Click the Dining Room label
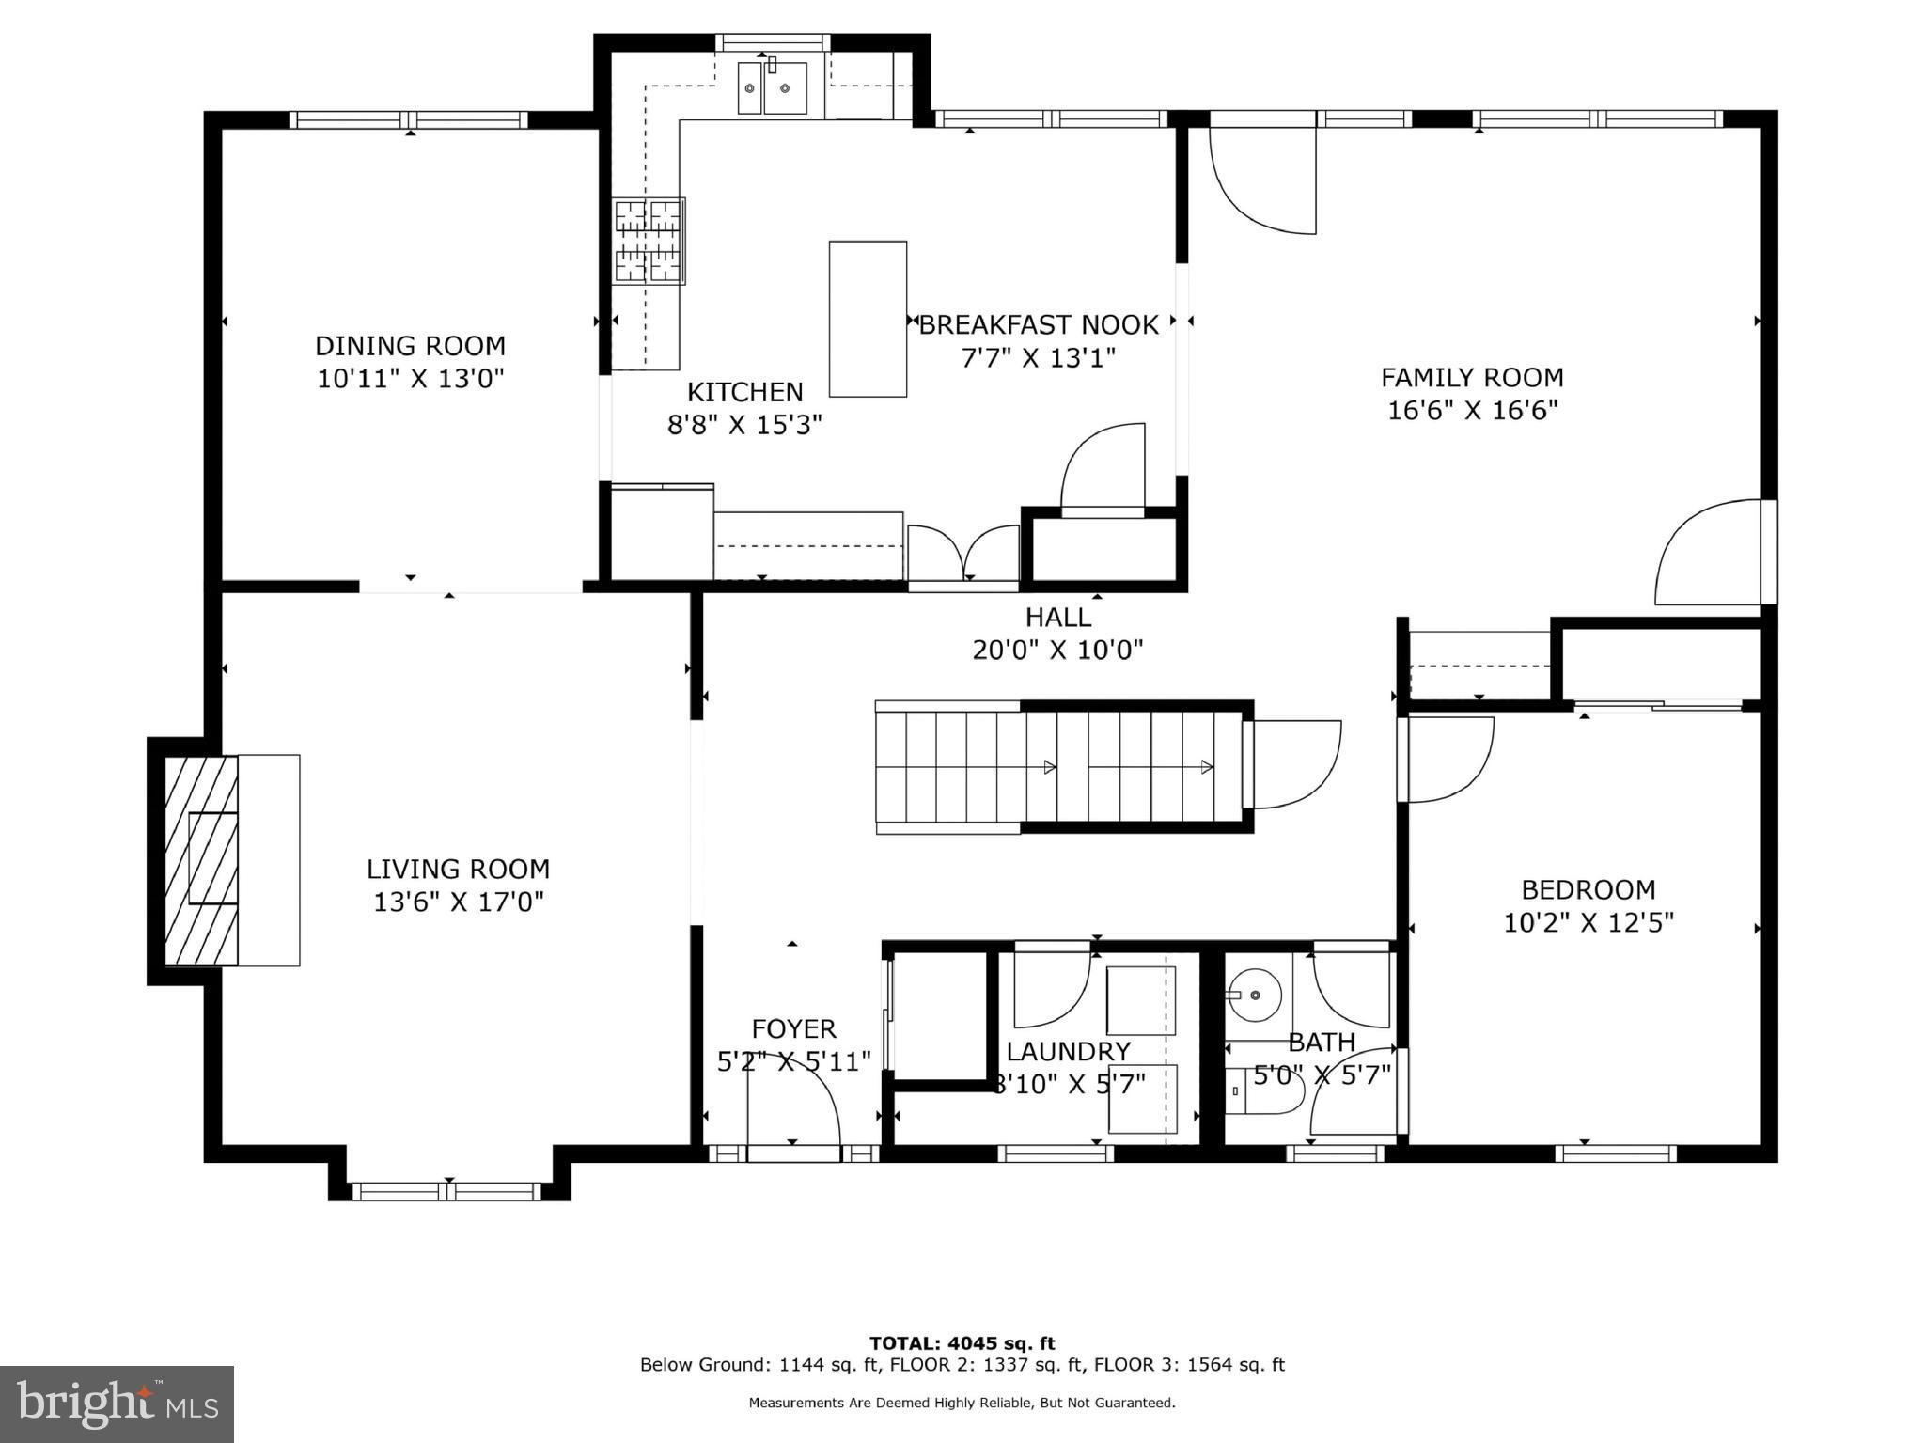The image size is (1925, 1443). [x=410, y=346]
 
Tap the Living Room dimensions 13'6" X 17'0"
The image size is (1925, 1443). [x=459, y=902]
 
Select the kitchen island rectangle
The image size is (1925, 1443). [x=868, y=319]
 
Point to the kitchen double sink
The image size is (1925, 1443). [x=772, y=88]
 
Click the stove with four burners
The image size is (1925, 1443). [x=649, y=241]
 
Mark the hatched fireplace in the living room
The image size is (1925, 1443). [x=200, y=859]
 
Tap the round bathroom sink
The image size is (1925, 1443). [x=1255, y=995]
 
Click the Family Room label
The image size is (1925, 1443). [x=1472, y=378]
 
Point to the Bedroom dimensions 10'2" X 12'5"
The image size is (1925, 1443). [x=1589, y=923]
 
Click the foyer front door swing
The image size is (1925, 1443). [x=794, y=1105]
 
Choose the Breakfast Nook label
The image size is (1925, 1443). [x=1039, y=325]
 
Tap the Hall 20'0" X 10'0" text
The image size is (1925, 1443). [x=1057, y=650]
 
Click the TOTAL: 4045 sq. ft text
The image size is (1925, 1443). [x=962, y=1343]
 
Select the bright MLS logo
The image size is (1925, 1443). [x=117, y=1404]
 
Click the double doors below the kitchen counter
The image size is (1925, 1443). [x=963, y=555]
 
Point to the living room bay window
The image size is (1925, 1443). [x=447, y=1192]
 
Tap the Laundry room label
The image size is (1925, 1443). [x=1068, y=1051]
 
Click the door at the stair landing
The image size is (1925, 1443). [x=1292, y=763]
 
